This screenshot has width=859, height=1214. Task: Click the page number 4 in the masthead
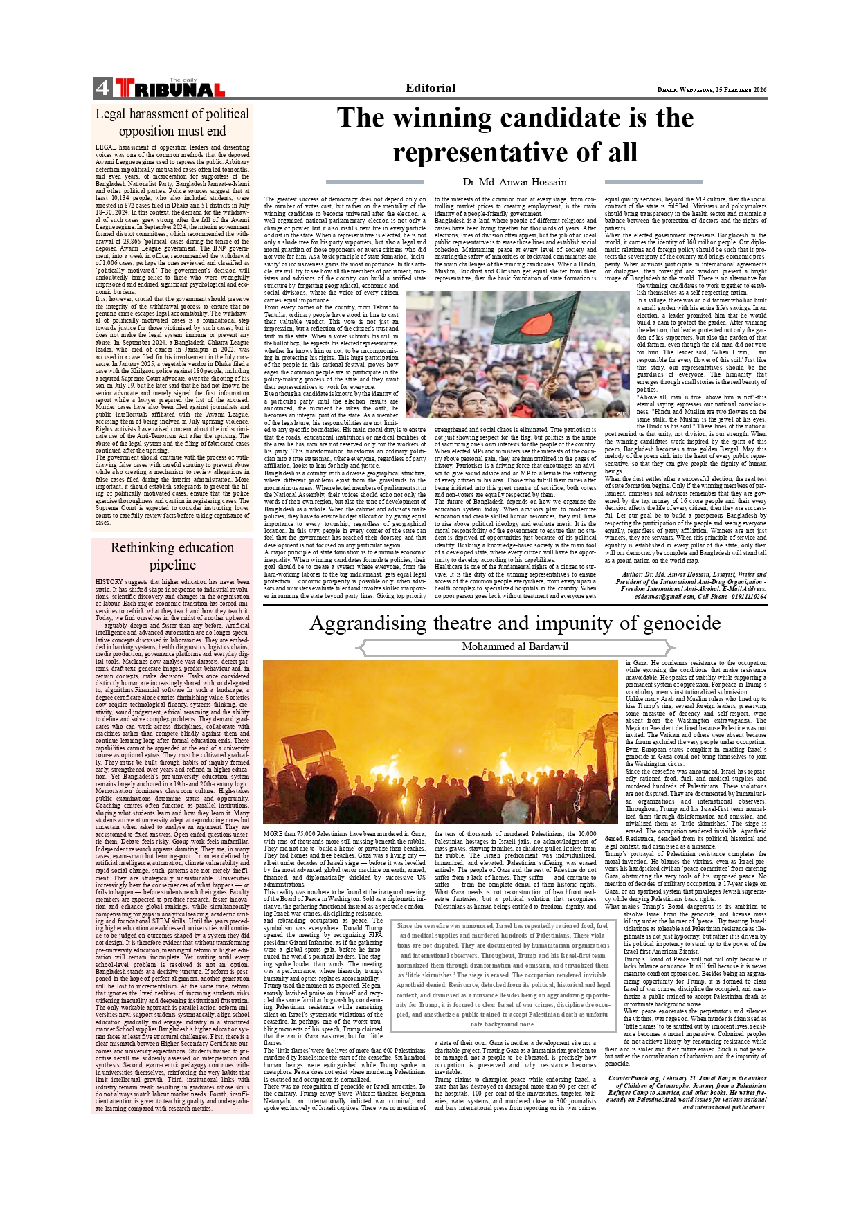coord(102,88)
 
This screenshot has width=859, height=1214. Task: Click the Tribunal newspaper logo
coord(170,89)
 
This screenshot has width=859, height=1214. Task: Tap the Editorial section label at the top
coord(430,88)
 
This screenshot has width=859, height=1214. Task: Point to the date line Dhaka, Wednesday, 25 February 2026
coord(712,90)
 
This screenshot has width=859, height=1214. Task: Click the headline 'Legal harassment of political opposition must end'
coord(172,123)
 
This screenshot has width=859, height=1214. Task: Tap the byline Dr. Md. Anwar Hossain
coord(514,182)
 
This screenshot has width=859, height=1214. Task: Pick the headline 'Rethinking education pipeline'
coord(172,556)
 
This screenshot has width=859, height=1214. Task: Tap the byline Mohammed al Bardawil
coord(515,646)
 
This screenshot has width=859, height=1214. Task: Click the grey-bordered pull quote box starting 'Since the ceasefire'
coord(503,974)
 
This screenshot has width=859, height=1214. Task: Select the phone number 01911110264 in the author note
coord(745,596)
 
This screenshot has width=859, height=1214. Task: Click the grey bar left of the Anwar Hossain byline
coord(374,182)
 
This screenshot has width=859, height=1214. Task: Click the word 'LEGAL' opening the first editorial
coord(105,147)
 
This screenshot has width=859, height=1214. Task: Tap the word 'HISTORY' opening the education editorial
coord(109,582)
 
